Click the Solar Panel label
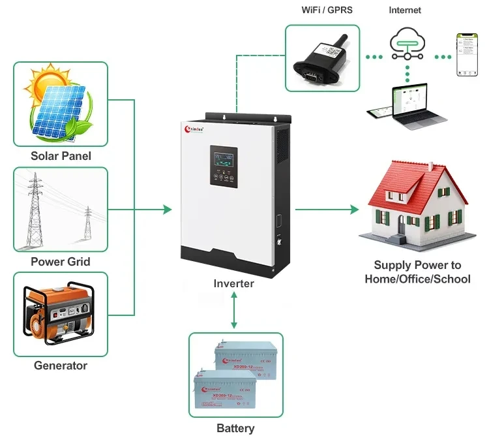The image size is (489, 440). [x=61, y=156]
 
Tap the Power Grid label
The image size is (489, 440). [x=61, y=262]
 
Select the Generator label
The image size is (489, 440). [x=61, y=366]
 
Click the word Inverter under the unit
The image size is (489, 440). [x=234, y=283]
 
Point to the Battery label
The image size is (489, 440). [x=235, y=428]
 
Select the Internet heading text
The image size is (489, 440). [x=405, y=10]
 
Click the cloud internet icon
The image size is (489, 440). [x=405, y=42]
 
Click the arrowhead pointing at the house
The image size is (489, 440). [x=355, y=210]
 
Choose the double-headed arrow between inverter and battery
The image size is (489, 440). [x=234, y=310]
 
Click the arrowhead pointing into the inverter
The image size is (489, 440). [x=168, y=210]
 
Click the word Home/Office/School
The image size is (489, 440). [x=417, y=279]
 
